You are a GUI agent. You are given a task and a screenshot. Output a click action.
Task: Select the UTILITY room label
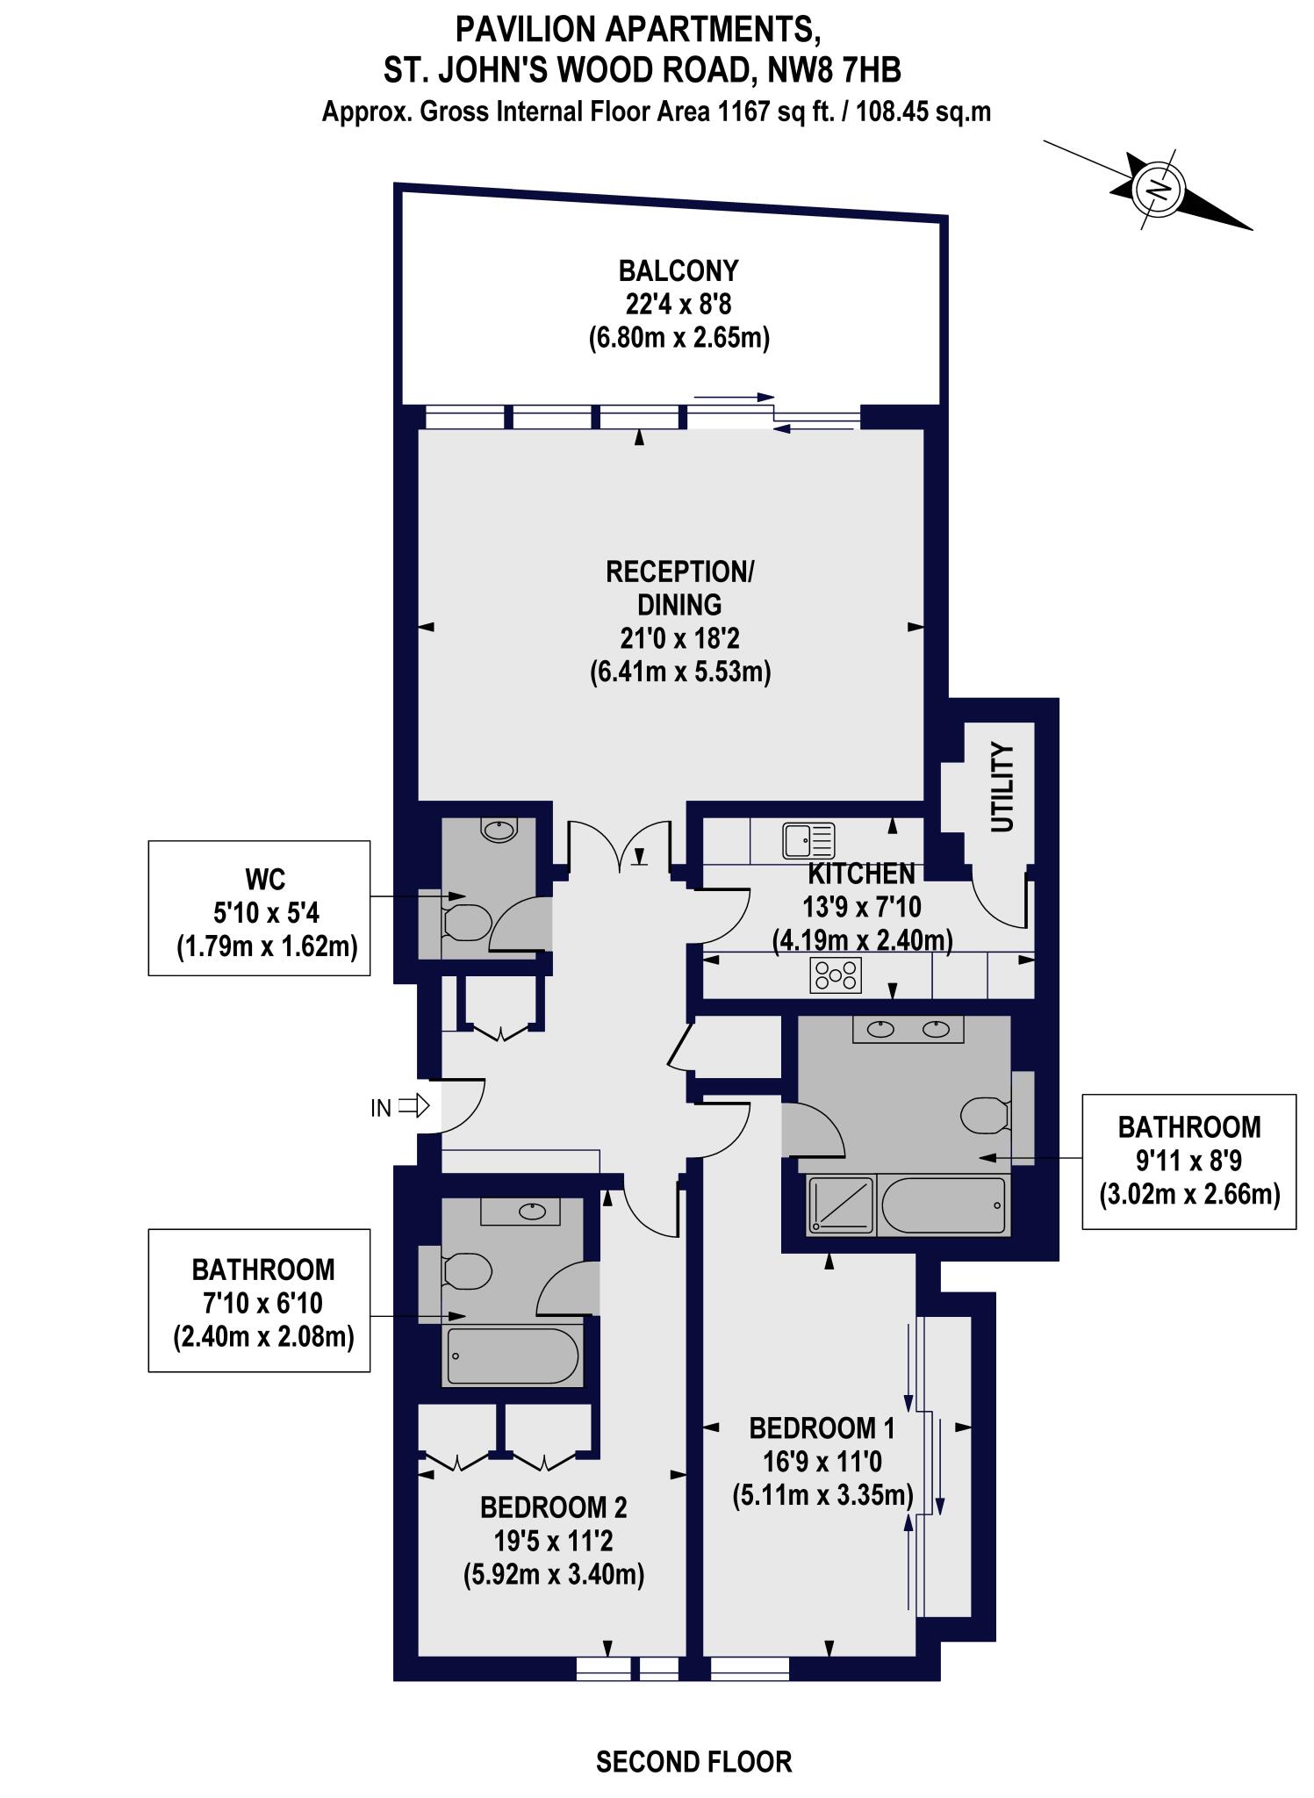point(1002,788)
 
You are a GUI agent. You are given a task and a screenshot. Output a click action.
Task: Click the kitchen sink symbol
point(808,841)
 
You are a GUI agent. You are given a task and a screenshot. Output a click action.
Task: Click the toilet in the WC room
point(465,923)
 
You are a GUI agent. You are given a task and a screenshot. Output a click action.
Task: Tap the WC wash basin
point(499,830)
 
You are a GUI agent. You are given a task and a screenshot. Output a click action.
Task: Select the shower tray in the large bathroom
point(840,1205)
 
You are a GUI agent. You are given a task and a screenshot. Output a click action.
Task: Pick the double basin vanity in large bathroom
point(908,1029)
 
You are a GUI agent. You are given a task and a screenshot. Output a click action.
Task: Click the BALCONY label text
point(679,270)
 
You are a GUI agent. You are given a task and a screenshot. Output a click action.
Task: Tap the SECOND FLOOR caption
point(693,1761)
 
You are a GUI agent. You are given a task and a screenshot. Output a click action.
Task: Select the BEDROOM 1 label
point(822,1428)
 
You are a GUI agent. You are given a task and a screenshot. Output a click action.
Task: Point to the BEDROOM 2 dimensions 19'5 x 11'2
point(553,1541)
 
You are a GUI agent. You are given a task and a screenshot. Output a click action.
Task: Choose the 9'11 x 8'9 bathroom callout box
point(1188,1162)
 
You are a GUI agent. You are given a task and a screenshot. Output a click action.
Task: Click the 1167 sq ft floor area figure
point(774,112)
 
